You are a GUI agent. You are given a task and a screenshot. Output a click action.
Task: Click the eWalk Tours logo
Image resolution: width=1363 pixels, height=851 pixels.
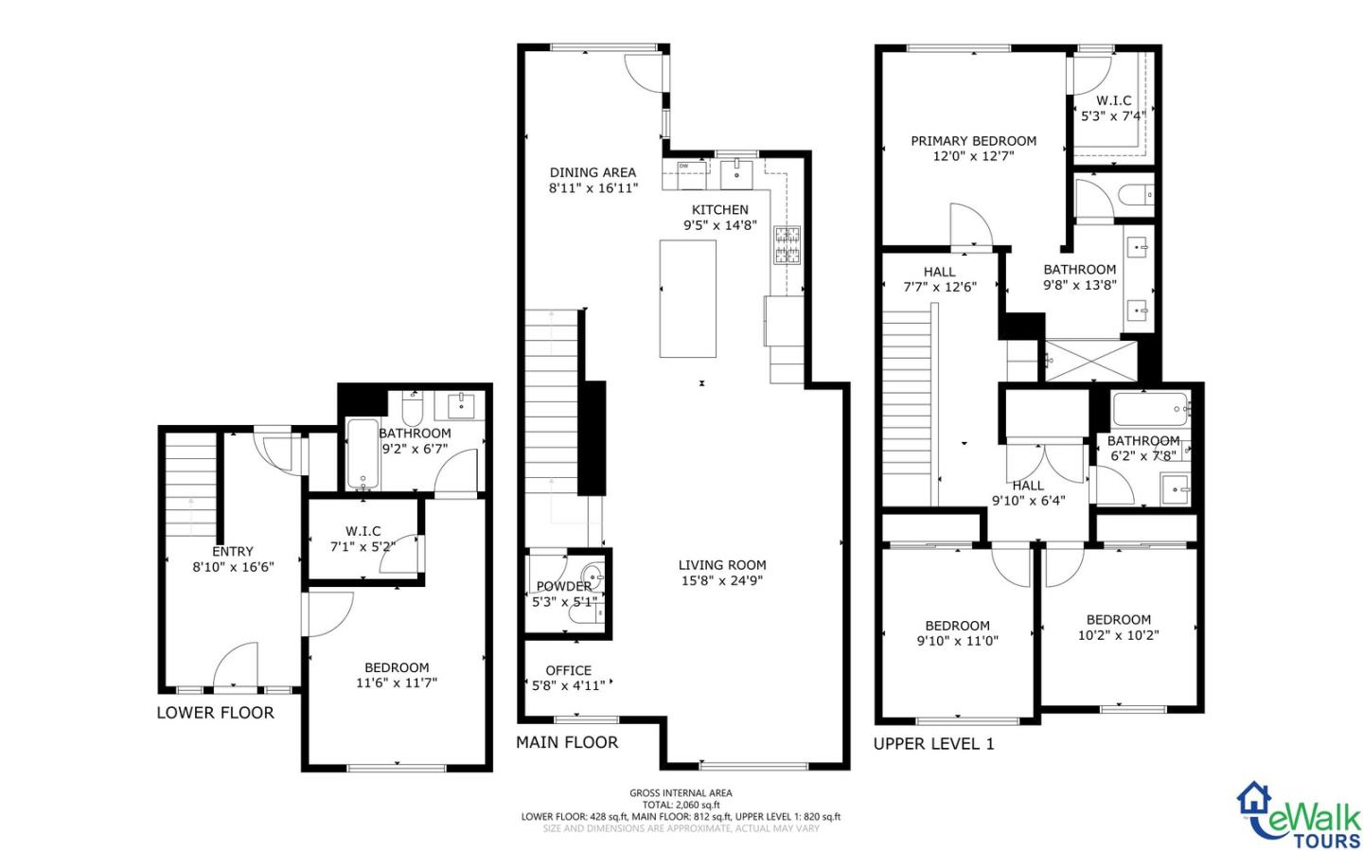click(x=1299, y=815)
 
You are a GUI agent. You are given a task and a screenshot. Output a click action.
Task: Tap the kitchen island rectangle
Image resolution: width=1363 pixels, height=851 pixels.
click(x=687, y=298)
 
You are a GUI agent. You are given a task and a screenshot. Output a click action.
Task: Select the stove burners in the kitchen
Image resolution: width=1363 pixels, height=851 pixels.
click(x=786, y=245)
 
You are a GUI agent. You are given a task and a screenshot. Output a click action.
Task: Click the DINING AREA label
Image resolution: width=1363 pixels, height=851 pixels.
click(x=593, y=172)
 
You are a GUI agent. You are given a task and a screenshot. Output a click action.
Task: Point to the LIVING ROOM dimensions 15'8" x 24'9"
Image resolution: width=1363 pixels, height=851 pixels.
click(x=720, y=580)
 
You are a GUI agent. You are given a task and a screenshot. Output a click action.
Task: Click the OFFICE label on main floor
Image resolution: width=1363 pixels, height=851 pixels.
click(x=568, y=670)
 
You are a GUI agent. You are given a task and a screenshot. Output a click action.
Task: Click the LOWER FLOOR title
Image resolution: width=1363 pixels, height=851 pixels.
click(x=215, y=713)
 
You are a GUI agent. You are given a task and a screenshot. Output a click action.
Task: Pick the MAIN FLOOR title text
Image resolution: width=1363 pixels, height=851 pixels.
click(x=566, y=742)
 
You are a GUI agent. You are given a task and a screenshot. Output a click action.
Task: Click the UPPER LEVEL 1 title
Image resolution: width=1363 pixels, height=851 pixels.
click(x=933, y=744)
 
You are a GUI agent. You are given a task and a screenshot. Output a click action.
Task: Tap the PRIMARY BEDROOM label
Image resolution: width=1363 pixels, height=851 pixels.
click(x=973, y=141)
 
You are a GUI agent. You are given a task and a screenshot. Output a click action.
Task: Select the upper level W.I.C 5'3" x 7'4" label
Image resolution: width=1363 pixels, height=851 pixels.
click(x=1113, y=108)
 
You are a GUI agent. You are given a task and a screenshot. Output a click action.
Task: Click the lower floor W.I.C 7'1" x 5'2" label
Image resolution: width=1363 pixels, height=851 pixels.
click(x=363, y=539)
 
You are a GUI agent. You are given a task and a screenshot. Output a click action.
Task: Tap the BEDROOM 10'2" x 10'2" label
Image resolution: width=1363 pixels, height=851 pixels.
click(x=1118, y=627)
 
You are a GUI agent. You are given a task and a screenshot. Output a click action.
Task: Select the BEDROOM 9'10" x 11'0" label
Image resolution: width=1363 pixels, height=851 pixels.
click(x=957, y=632)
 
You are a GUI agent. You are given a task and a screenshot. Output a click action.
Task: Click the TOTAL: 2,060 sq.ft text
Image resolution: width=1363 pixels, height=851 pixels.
click(x=681, y=805)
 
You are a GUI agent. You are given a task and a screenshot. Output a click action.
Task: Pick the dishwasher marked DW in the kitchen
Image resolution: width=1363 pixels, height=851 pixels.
click(x=691, y=168)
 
